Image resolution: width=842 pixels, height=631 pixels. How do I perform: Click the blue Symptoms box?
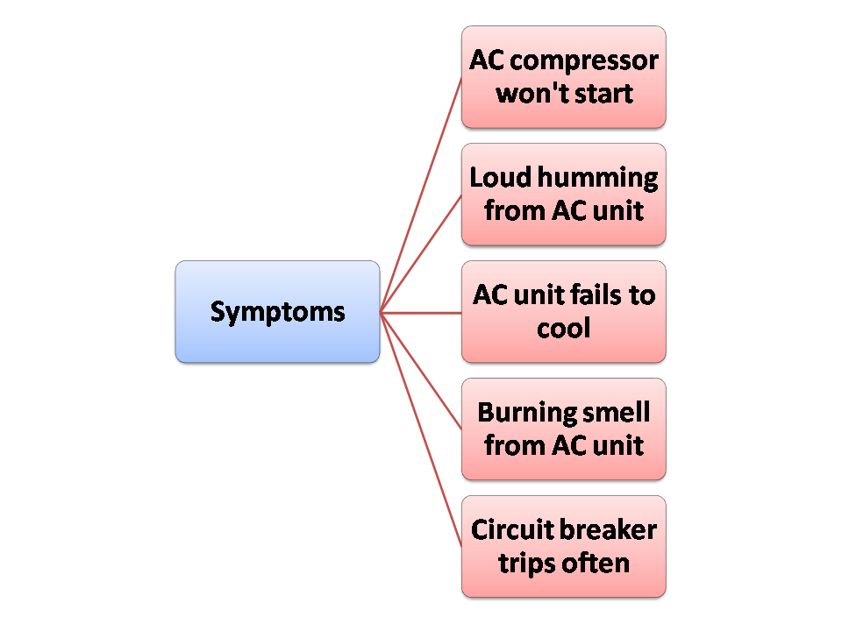coord(277,312)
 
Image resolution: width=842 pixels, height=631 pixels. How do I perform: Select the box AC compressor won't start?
coord(563,77)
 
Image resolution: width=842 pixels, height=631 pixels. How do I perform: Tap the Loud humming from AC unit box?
coord(563,195)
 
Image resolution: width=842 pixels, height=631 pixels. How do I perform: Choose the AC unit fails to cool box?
coord(563,312)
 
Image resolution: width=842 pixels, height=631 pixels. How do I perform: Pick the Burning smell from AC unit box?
coord(563,429)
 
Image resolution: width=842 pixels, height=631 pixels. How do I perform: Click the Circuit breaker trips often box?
coord(563,547)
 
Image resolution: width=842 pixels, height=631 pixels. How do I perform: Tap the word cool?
coord(563,328)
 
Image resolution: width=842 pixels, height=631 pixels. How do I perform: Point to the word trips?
coord(524,563)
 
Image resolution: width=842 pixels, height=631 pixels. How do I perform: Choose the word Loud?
coord(500,178)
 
